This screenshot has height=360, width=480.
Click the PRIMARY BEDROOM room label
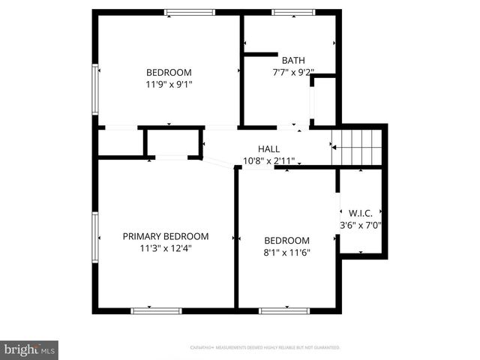[x=166, y=236]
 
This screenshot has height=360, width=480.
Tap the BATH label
[x=290, y=60]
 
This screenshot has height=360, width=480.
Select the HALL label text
[x=268, y=148]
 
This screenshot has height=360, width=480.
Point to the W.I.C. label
[x=361, y=212]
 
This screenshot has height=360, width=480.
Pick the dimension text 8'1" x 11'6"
[x=286, y=253]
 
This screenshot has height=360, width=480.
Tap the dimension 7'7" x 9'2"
[x=292, y=73]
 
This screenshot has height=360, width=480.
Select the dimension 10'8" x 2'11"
[x=268, y=160]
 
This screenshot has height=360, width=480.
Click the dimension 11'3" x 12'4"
[x=166, y=248]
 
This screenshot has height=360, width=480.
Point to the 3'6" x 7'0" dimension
[x=361, y=224]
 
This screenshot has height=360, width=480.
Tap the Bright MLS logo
[x=29, y=349]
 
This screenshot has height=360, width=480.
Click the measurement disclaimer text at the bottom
[x=265, y=348]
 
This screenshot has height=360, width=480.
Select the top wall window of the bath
[x=293, y=12]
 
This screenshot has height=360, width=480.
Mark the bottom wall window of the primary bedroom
[x=156, y=310]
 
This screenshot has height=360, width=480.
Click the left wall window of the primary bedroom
[x=95, y=237]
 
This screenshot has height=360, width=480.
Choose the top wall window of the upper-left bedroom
[x=190, y=12]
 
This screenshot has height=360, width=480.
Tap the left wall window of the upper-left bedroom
[x=95, y=88]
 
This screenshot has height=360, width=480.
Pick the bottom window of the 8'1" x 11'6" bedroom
[x=283, y=310]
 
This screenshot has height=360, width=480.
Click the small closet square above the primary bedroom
[x=173, y=142]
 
